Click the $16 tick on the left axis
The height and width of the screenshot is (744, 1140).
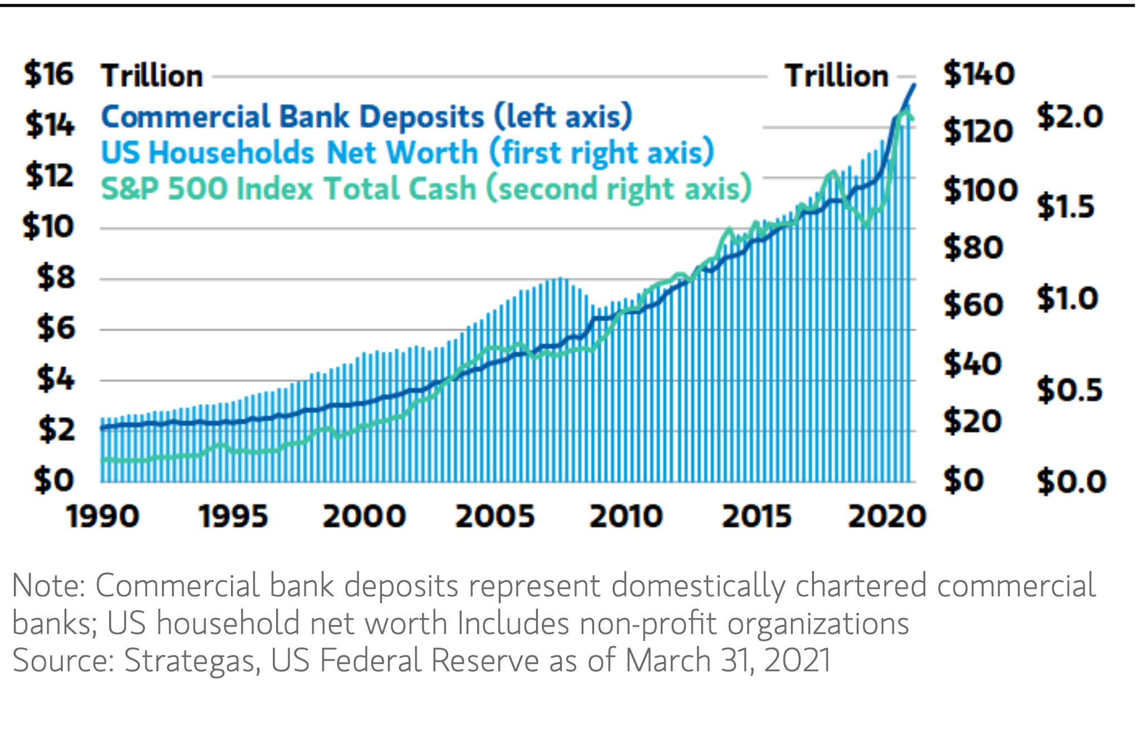(49, 75)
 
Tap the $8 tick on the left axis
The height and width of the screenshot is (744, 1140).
(56, 277)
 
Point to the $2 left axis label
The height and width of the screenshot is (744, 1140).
(56, 430)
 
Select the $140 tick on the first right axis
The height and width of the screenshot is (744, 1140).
(979, 75)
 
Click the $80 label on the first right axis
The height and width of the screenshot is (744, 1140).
(973, 248)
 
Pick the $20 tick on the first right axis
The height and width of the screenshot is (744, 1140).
(972, 421)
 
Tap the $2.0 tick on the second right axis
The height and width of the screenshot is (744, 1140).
(1069, 117)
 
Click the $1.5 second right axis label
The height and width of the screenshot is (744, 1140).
(1066, 207)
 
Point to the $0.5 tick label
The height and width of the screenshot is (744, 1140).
(1069, 390)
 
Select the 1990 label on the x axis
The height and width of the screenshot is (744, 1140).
(102, 516)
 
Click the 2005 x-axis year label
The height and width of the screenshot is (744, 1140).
(495, 516)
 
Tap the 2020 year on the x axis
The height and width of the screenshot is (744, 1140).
(887, 516)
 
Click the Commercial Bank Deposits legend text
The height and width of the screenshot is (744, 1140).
(367, 117)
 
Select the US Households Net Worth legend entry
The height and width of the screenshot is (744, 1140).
(407, 152)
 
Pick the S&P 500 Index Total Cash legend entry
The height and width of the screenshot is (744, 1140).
(426, 189)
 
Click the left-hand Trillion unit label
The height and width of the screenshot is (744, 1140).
(152, 76)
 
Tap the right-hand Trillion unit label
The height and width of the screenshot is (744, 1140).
(836, 76)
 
